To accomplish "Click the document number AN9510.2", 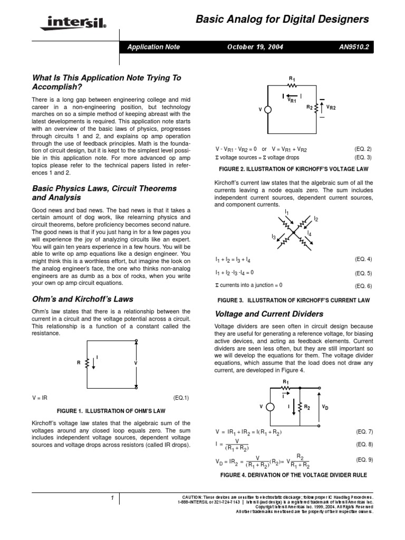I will click(355, 47).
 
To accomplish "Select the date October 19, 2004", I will click(255, 47).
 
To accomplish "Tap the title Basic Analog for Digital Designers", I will click(282, 20).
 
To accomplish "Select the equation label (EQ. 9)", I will click(363, 459).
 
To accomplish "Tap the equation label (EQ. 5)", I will click(363, 273).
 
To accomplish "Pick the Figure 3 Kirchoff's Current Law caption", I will click(294, 300).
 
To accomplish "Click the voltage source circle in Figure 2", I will click(268, 109).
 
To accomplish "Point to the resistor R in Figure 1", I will click(86, 363).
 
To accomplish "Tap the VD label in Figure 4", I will click(325, 408).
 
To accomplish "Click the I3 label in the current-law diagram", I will click(274, 237).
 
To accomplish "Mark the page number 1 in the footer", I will click(112, 498).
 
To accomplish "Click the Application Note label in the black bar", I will click(153, 47).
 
